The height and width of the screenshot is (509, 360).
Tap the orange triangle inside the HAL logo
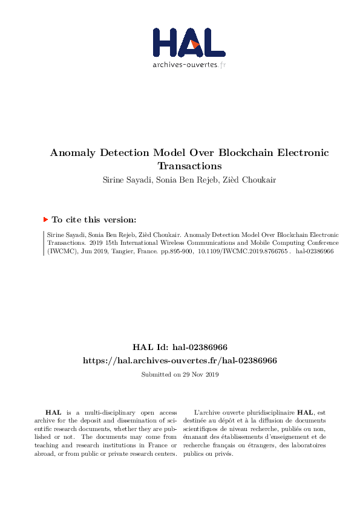pos(194,44)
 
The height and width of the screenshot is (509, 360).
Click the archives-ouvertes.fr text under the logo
pos(189,65)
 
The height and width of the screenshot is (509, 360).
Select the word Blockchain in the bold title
pos(247,153)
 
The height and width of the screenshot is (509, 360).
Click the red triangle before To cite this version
pos(45,219)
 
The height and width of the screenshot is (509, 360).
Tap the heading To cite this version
pos(94,220)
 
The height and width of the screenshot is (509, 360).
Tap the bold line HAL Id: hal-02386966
pos(180,347)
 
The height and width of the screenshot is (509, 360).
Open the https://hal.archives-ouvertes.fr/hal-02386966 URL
pos(180,360)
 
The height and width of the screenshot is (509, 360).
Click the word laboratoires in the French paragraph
pos(306,446)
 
